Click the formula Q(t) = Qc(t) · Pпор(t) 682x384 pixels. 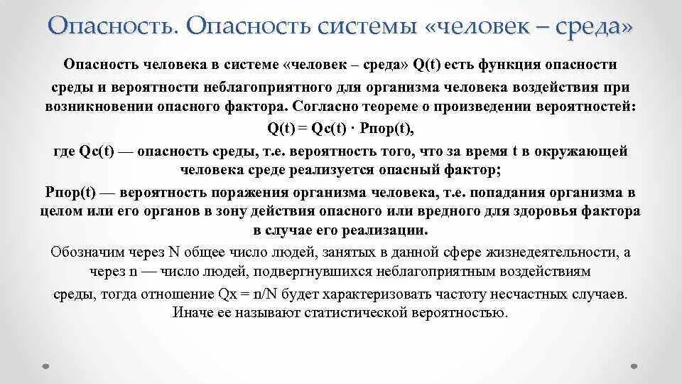(340, 129)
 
